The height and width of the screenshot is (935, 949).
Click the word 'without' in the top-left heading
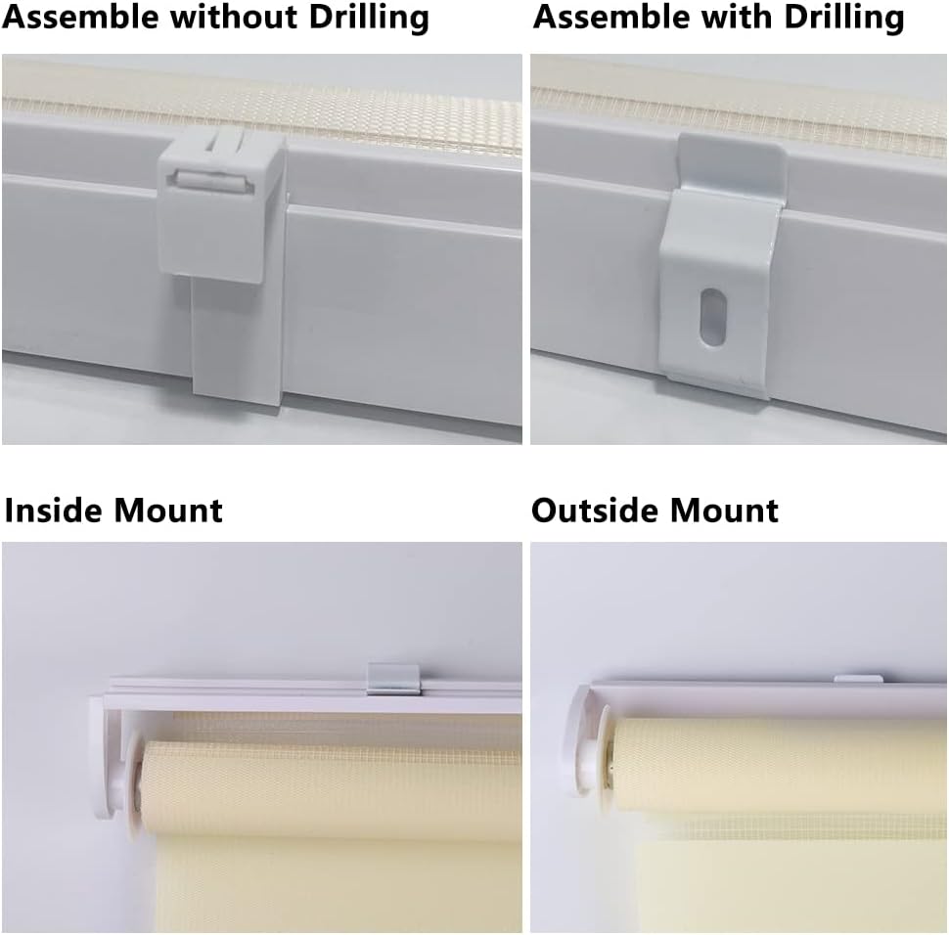pos(236,17)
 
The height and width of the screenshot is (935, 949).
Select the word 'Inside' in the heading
pos(54,511)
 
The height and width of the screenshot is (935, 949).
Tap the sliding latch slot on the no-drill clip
pos(212,181)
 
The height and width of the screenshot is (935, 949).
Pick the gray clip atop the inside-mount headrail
pos(392,679)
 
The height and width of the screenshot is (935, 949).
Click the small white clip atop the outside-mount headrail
pos(858,679)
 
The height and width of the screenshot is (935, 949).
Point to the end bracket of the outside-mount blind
pos(582,739)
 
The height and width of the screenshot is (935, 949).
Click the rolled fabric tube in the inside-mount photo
pos(330,786)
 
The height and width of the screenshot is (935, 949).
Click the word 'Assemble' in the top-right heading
pos(611,17)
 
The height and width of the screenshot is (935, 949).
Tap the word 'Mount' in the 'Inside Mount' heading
pos(167,511)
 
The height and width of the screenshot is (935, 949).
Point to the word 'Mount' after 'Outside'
pos(724,511)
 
